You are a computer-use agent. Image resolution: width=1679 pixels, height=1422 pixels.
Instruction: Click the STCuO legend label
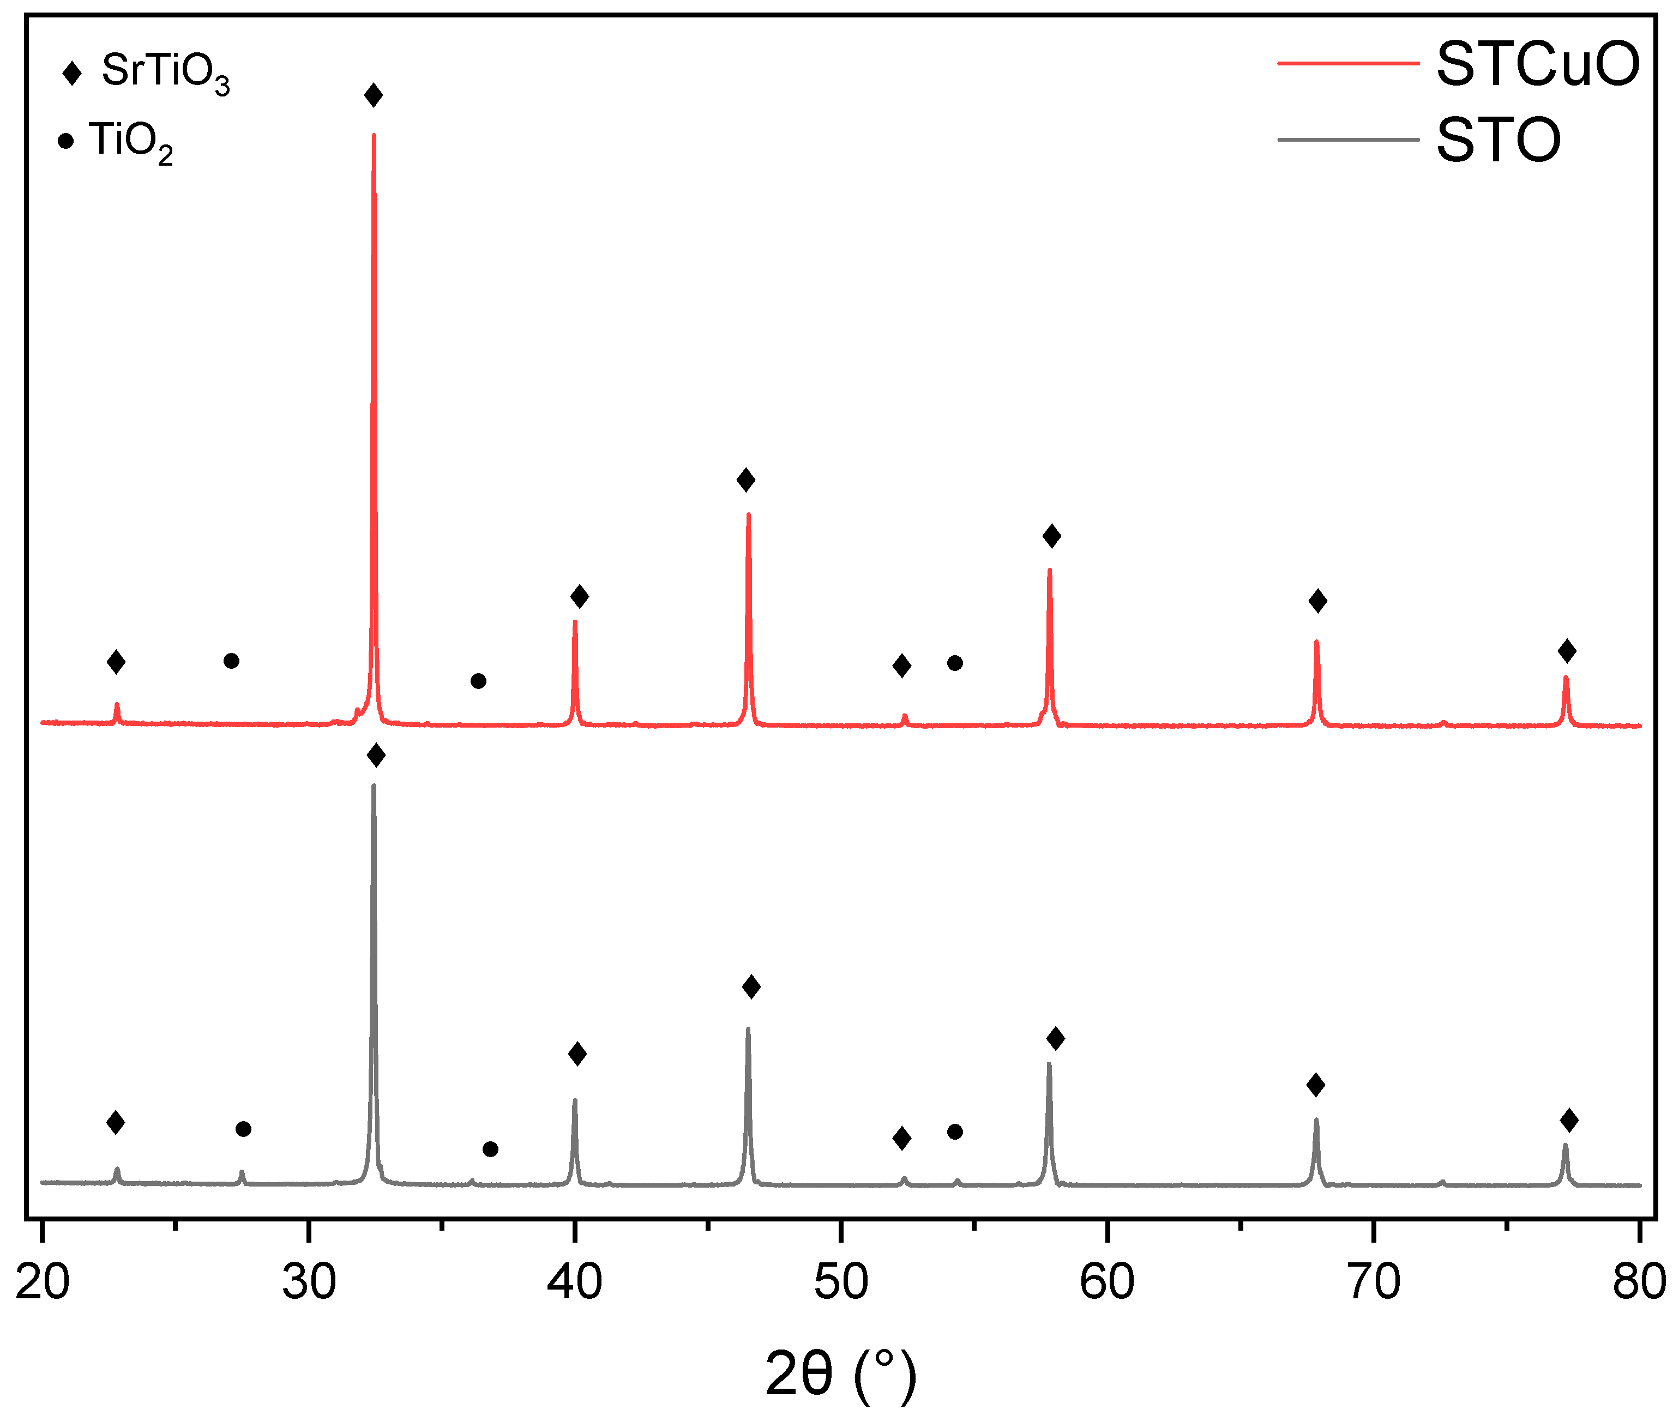click(1537, 64)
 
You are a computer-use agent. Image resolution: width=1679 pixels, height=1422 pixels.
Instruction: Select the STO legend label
click(1499, 140)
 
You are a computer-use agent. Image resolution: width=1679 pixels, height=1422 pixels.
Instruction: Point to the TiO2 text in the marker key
click(131, 142)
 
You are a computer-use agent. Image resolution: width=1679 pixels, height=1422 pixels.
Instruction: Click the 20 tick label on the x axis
click(43, 1282)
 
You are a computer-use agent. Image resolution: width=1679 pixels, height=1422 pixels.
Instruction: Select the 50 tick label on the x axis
click(841, 1282)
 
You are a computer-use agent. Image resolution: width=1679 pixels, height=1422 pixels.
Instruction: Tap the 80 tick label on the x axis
click(1639, 1282)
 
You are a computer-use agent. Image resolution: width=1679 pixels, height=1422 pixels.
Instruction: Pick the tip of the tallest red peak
click(374, 135)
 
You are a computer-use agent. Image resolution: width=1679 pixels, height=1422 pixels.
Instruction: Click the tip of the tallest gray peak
click(374, 785)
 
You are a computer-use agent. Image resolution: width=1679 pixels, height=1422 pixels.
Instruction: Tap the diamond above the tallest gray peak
click(376, 755)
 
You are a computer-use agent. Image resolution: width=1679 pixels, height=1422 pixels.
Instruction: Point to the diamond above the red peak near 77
click(1567, 651)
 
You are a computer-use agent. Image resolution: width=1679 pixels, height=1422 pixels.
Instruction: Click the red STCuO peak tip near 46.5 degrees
click(748, 515)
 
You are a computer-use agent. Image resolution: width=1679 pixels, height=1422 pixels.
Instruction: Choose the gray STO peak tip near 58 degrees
click(1049, 1063)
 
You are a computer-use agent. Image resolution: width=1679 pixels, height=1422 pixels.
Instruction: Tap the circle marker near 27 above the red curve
click(231, 661)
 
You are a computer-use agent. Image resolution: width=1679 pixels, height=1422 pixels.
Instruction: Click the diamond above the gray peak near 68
click(1315, 1085)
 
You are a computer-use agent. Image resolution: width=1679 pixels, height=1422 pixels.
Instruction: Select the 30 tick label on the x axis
click(309, 1282)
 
